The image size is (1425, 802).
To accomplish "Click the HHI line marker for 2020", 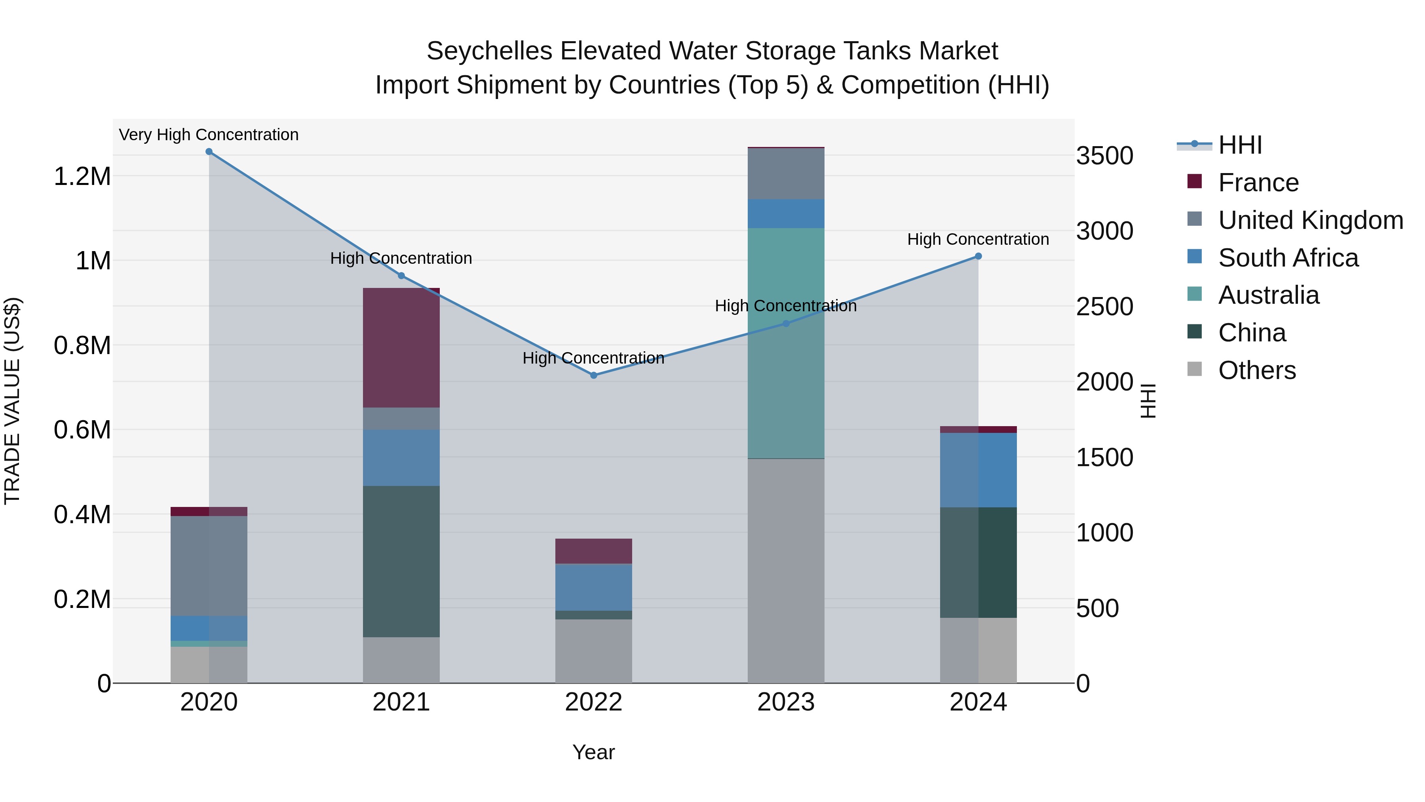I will coord(209,152).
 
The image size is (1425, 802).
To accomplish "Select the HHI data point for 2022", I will coord(594,375).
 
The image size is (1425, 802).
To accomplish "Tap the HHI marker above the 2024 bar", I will coord(978,256).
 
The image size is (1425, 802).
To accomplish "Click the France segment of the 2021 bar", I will coord(401,348).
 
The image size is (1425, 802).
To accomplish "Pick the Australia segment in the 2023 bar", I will coord(785,343).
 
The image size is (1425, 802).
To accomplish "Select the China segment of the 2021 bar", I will coord(401,561).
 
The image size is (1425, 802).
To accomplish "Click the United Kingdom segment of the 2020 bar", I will coord(209,566).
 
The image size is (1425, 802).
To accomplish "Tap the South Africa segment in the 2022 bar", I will coord(594,587).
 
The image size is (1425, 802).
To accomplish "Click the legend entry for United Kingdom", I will coord(1310,220).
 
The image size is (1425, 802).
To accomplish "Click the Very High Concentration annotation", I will coord(209,135).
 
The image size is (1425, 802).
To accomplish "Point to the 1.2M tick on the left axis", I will coord(82,177).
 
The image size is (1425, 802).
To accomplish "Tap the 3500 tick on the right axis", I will coord(1104,156).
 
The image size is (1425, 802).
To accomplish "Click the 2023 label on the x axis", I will coord(785,702).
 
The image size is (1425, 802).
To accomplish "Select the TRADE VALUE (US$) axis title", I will coord(13,401).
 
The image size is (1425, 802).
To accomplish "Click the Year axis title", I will coord(594,752).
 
